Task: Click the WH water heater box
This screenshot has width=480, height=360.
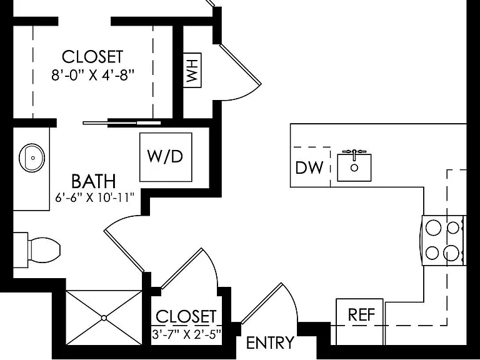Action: click(192, 70)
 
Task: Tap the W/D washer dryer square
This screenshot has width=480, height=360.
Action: click(166, 157)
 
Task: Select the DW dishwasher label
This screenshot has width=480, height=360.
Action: click(309, 167)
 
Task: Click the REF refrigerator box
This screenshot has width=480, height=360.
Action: click(360, 321)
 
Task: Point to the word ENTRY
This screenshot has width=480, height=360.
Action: click(270, 343)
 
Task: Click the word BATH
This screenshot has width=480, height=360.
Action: click(94, 181)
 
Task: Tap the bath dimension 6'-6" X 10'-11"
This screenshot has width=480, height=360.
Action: click(94, 197)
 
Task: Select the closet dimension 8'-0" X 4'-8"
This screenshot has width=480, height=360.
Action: click(92, 75)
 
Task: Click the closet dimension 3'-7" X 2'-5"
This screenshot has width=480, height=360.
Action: click(186, 334)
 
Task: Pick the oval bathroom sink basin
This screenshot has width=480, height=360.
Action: click(32, 157)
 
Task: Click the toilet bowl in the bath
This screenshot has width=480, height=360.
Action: click(44, 250)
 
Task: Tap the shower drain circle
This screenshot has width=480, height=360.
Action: click(104, 318)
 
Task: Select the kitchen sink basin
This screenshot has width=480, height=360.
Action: click(354, 167)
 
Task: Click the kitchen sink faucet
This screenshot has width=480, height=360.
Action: click(354, 154)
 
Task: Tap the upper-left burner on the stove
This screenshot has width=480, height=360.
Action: click(434, 227)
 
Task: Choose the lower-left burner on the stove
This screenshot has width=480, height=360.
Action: click(432, 253)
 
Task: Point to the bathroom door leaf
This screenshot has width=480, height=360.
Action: click(124, 251)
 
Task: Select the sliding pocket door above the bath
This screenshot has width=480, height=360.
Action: click(122, 123)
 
